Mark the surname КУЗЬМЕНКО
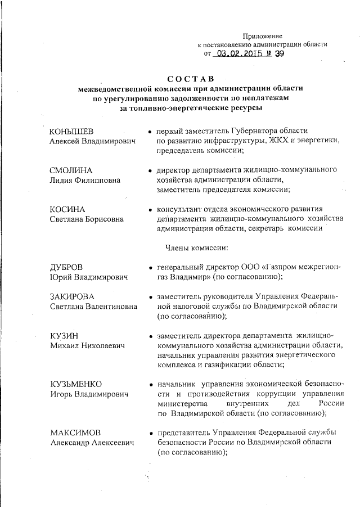[76, 384]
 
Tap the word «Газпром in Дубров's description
[272, 268]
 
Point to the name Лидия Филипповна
[85, 180]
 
